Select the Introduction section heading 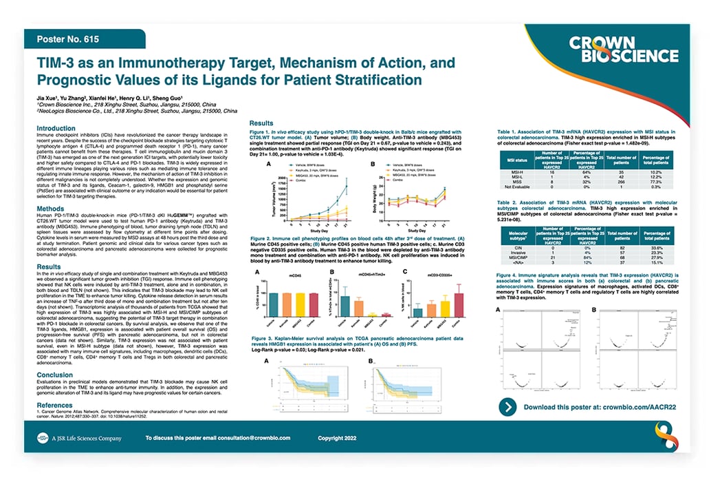(56, 128)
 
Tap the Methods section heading (50, 208)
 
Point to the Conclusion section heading (55, 375)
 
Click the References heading (54, 405)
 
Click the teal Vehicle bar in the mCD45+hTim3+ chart (347, 304)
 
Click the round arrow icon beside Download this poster (508, 407)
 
